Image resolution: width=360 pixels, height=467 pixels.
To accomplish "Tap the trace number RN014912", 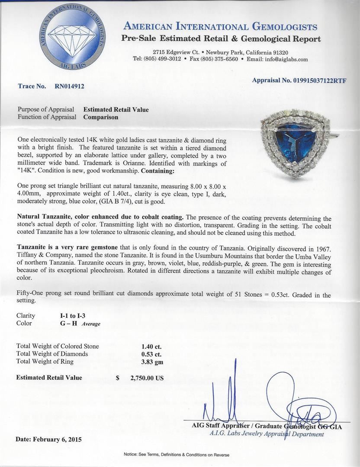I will tap(69, 86).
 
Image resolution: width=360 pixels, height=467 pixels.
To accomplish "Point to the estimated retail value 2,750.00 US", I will tap(147, 377).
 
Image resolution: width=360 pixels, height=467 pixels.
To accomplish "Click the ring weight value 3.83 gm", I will tap(152, 362).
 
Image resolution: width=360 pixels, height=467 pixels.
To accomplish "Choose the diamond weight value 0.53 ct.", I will tap(151, 354).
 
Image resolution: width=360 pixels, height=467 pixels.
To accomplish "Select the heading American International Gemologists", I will tap(220, 27).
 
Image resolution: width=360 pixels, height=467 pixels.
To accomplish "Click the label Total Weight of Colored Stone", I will tap(58, 346).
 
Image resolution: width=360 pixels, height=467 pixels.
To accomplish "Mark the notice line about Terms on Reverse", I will tap(176, 454).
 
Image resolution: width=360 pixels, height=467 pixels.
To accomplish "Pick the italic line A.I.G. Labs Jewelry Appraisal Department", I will tap(267, 434).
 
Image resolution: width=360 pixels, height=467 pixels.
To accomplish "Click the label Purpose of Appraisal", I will tap(46, 109).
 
